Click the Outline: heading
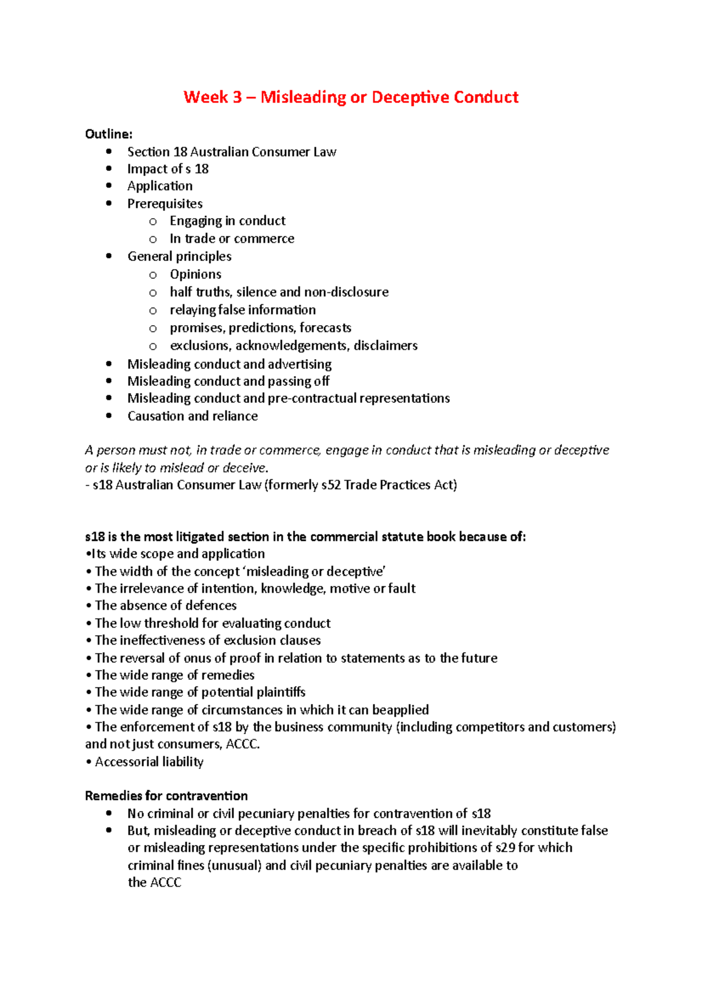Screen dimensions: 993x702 [x=109, y=134]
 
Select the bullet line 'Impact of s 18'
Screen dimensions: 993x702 [x=168, y=169]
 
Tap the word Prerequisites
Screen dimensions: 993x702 [x=165, y=204]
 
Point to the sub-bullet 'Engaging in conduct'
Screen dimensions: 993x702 [x=228, y=221]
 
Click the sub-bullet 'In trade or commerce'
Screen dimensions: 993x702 [x=232, y=239]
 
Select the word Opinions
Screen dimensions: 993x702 [x=195, y=274]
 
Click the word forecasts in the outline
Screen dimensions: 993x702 [x=325, y=327]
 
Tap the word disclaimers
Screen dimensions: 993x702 [x=386, y=346]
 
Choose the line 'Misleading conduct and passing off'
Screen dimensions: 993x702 [x=228, y=381]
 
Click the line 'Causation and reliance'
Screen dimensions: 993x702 [x=192, y=416]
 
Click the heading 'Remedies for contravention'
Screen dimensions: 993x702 [x=166, y=796]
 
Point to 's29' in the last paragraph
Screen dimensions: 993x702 [x=505, y=848]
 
